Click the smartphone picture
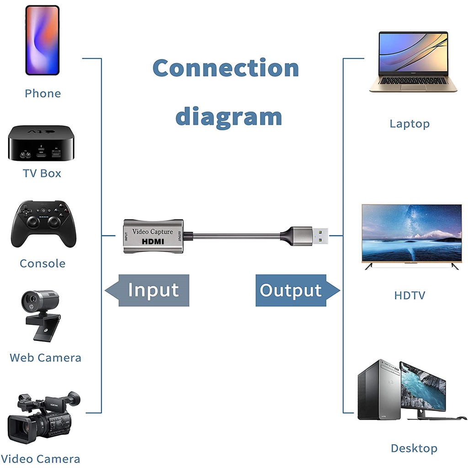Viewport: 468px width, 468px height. click(42, 40)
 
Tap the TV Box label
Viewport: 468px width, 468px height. click(42, 173)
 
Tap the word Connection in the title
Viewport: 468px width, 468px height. click(226, 68)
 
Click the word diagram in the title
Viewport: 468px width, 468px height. click(229, 116)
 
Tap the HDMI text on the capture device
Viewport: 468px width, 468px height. click(153, 241)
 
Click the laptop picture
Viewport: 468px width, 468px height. click(413, 62)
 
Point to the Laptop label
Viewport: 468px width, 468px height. click(409, 123)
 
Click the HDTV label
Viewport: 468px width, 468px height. click(409, 295)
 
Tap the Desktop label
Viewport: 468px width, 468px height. click(414, 448)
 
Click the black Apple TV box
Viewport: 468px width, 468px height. click(40, 143)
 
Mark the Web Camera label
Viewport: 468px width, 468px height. click(45, 357)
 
